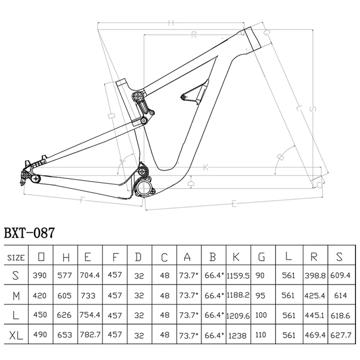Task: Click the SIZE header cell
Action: coord(16,257)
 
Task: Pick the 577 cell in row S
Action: coord(66,275)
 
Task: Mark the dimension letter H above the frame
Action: coord(170,22)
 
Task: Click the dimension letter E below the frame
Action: coord(234,205)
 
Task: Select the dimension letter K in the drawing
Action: coord(206,167)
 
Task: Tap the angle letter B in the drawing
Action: coord(280,157)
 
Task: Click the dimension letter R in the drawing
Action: coord(194,35)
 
